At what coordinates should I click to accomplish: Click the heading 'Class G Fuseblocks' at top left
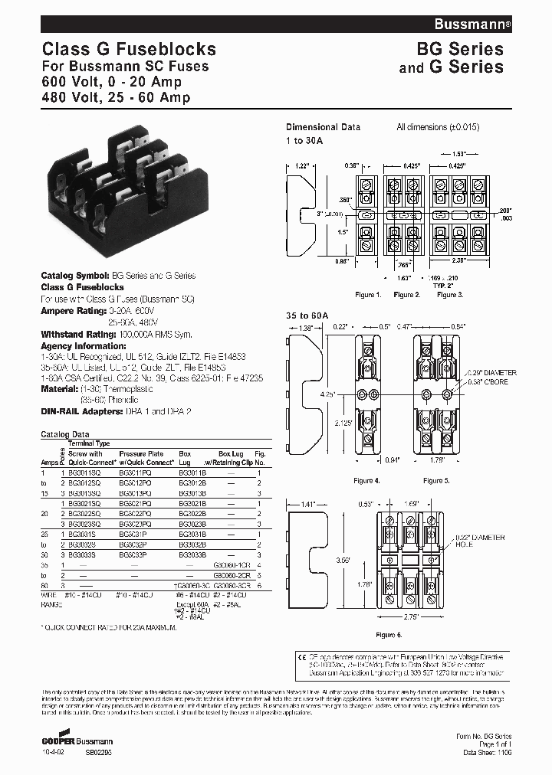click(x=128, y=50)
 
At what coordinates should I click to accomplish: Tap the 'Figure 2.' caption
click(x=407, y=295)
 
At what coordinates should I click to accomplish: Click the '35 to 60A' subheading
click(x=307, y=315)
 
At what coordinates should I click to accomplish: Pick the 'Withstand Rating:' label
click(x=70, y=334)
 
